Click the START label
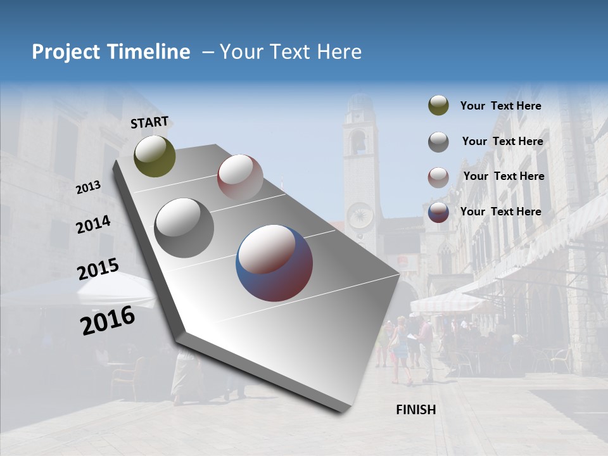point(149,122)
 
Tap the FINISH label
point(415,410)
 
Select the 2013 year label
point(88,187)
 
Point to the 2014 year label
point(93,225)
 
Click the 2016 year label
point(108,320)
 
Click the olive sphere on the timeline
point(155,156)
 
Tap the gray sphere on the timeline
point(184,227)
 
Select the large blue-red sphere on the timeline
point(274,262)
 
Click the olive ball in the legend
point(438,106)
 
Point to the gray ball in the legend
point(438,141)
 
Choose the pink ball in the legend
point(438,177)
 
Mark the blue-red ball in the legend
point(438,212)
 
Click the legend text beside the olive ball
point(500,106)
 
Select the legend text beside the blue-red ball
point(500,212)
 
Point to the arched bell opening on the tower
point(358,143)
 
